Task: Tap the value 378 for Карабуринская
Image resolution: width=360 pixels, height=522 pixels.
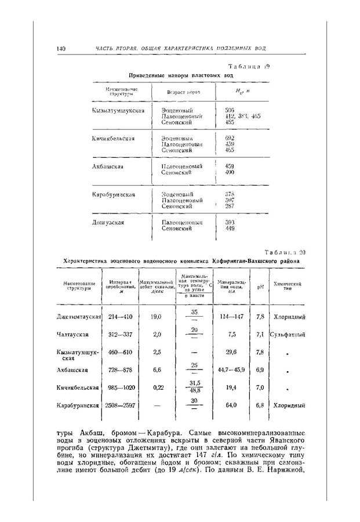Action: (x=230, y=194)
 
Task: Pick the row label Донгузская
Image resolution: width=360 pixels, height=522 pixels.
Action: (x=109, y=222)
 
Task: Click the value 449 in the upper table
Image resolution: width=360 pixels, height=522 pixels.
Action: (x=230, y=229)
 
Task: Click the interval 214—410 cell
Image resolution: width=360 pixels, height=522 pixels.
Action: (x=120, y=317)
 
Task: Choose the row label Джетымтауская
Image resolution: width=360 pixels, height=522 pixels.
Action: (x=79, y=317)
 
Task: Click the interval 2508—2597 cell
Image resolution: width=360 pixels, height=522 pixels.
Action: (x=121, y=405)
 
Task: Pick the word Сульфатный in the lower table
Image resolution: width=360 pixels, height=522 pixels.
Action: (x=288, y=335)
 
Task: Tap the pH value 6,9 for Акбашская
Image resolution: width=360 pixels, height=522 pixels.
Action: (x=260, y=369)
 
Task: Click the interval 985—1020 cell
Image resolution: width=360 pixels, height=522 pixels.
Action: (x=120, y=387)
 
